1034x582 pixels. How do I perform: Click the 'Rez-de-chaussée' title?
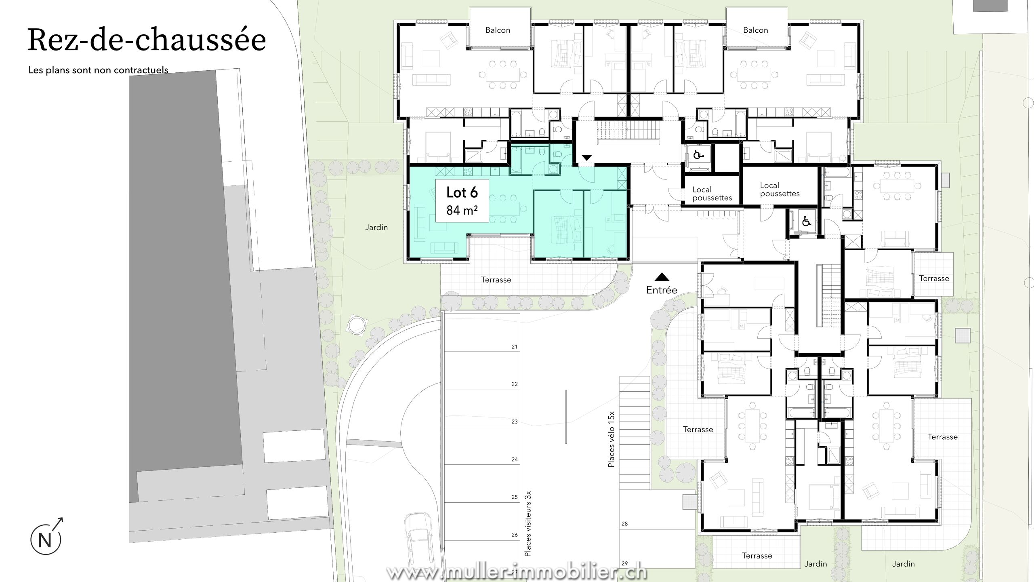point(147,40)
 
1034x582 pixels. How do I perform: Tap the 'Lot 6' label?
point(462,192)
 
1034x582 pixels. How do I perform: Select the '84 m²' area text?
point(462,210)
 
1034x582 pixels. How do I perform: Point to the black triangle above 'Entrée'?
point(662,277)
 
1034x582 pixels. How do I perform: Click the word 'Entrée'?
point(662,290)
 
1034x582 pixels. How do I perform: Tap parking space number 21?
point(514,347)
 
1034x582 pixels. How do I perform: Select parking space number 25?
point(514,497)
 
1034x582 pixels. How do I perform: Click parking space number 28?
point(624,524)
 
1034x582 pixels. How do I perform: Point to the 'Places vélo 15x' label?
point(612,439)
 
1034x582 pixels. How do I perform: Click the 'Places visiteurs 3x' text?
point(528,523)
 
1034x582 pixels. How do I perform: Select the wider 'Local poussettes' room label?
point(780,190)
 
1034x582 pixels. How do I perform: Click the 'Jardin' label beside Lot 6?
point(376,228)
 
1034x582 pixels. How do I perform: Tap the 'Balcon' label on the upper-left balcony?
point(498,30)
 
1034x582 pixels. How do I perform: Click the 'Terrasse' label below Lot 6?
point(496,280)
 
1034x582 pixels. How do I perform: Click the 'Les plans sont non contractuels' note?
point(98,70)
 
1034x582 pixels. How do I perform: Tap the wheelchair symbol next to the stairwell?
point(697,154)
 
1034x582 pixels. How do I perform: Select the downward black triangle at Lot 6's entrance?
point(586,157)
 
